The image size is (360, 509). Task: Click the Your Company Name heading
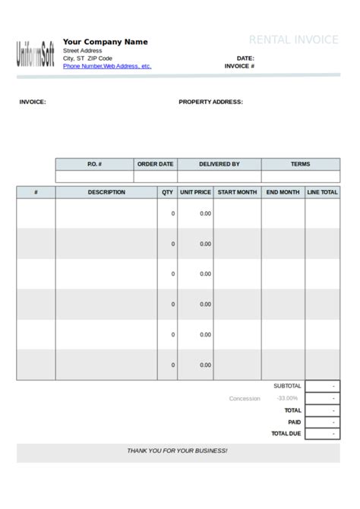tap(105, 42)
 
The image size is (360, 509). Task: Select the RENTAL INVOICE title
tap(293, 40)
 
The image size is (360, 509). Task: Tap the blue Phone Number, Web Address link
tap(107, 66)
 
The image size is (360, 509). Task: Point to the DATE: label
tap(245, 58)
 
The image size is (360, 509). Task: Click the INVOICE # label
tap(239, 66)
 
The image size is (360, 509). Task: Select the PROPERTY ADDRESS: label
tap(210, 102)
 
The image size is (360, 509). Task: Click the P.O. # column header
tap(94, 164)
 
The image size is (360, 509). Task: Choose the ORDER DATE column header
tap(155, 164)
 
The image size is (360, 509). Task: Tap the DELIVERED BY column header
tap(219, 164)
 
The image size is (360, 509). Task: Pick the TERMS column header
tap(300, 164)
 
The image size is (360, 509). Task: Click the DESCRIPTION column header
tap(106, 192)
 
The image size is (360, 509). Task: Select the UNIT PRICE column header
tap(195, 192)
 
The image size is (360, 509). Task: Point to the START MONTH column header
tap(237, 192)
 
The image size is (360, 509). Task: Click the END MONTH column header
tap(283, 192)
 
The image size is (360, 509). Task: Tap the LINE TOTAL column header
tap(322, 192)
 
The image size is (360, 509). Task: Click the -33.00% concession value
tap(287, 398)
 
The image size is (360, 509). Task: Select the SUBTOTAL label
tap(287, 386)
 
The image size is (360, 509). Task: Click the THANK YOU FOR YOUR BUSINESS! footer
tap(177, 451)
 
